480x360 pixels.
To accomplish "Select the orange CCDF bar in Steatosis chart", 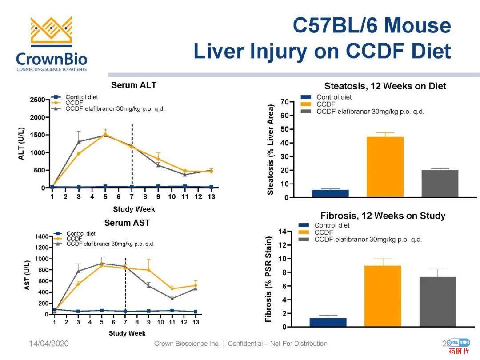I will click(x=385, y=167).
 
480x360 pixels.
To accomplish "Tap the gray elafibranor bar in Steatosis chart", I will click(x=440, y=184).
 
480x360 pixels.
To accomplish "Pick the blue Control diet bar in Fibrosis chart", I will click(x=328, y=322).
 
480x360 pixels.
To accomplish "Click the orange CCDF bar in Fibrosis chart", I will click(x=383, y=296).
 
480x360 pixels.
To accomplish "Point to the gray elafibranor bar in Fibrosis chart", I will click(x=437, y=302).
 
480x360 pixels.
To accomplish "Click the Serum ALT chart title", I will click(x=133, y=85).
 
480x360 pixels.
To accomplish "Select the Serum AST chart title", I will click(x=127, y=223).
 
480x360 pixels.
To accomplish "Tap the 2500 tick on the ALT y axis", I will click(x=37, y=100).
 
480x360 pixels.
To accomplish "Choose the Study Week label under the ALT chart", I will click(x=134, y=209).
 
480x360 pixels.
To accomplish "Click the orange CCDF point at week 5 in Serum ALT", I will click(x=105, y=134).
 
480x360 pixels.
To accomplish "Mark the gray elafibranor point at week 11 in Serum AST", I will click(x=172, y=298).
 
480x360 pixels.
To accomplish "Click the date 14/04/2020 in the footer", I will click(x=49, y=344).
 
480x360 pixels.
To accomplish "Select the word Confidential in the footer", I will click(x=244, y=344).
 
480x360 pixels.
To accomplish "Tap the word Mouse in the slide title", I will click(x=417, y=25).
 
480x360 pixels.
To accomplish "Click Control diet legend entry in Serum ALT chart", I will click(x=82, y=97).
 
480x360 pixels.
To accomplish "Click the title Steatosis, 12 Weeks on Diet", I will click(x=385, y=86).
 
